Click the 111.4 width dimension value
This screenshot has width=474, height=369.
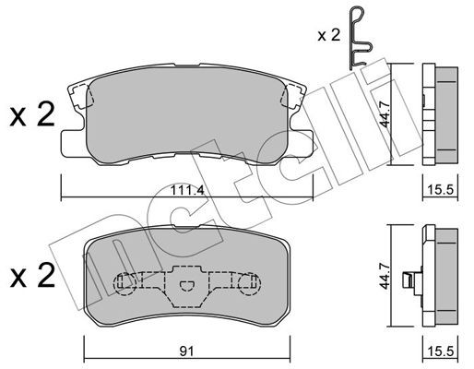[187, 191]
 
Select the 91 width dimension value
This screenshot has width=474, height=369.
[187, 351]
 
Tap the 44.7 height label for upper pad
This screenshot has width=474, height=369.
[385, 115]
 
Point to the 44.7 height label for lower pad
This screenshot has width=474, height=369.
[385, 276]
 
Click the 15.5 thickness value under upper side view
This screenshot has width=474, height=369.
[441, 190]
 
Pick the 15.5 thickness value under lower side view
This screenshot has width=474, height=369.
[441, 351]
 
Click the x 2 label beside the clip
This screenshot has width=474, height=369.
[329, 35]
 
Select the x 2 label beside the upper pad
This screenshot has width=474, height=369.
[32, 115]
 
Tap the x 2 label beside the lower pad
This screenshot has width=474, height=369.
[32, 275]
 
